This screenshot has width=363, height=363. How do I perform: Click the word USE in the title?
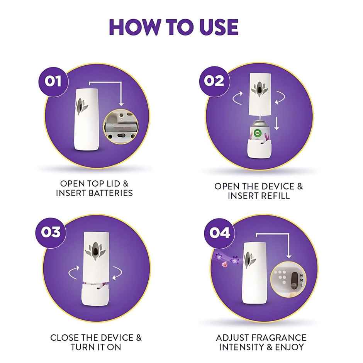click(x=211, y=26)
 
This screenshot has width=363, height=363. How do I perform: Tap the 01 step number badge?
click(x=54, y=81)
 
